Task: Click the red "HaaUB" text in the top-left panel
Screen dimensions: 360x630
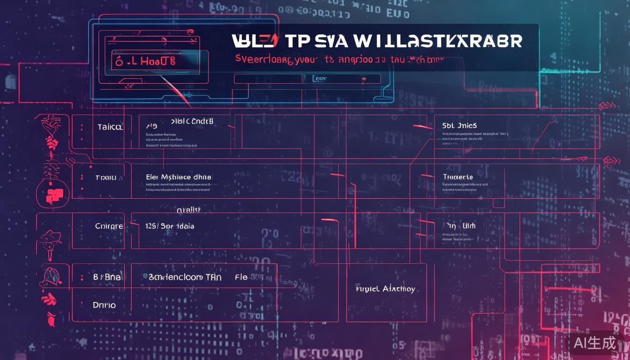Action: click(150, 61)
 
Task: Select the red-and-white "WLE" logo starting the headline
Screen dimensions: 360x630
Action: click(254, 41)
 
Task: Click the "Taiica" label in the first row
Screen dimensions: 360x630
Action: click(110, 127)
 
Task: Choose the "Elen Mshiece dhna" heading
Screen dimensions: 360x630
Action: click(179, 177)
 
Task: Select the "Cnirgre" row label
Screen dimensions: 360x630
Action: click(109, 226)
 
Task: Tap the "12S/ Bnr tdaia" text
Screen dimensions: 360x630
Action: click(170, 226)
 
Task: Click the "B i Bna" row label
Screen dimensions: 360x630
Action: click(107, 277)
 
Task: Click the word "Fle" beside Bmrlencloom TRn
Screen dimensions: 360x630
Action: click(241, 277)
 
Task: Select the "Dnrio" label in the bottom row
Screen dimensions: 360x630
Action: click(104, 305)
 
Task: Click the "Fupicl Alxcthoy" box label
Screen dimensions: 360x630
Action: click(385, 289)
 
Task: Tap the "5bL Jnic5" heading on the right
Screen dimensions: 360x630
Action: click(459, 126)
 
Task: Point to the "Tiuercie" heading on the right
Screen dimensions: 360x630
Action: click(457, 177)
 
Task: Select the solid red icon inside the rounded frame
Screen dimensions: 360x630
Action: click(54, 194)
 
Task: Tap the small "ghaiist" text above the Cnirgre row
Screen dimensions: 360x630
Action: click(188, 210)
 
